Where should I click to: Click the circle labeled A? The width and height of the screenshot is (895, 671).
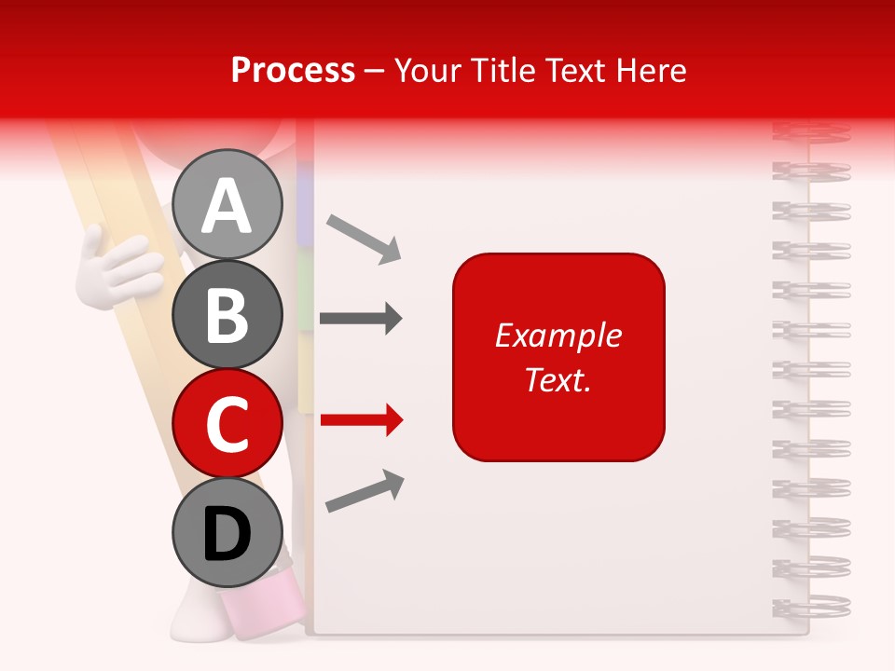click(x=227, y=205)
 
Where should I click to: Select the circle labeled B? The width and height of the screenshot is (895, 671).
click(x=227, y=315)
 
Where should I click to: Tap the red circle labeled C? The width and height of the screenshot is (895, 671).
click(x=227, y=424)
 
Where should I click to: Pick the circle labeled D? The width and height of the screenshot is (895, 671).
click(x=227, y=533)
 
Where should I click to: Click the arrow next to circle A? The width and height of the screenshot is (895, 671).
click(x=365, y=238)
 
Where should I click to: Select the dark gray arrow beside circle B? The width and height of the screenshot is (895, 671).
click(x=361, y=319)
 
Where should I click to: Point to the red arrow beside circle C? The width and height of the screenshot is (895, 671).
click(x=362, y=420)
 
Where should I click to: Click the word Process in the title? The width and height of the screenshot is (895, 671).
click(x=293, y=70)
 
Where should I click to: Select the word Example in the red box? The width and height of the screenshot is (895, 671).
click(x=558, y=335)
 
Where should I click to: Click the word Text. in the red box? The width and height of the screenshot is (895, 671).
click(x=558, y=379)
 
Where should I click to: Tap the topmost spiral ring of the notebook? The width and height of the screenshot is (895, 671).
click(x=811, y=132)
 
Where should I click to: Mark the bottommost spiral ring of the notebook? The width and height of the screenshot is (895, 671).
click(x=811, y=606)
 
